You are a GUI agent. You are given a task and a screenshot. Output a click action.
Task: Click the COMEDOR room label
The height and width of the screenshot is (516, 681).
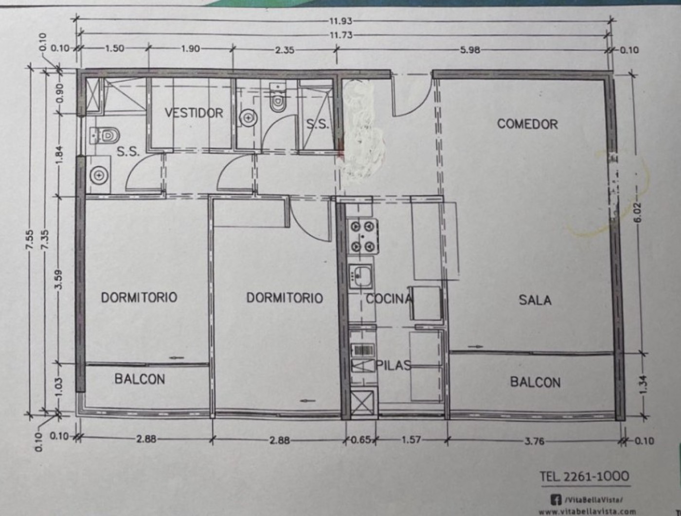coord(527,124)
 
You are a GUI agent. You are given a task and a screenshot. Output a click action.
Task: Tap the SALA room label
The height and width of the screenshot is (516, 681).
coord(535,300)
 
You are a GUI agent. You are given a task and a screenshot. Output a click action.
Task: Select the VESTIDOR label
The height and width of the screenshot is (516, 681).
coord(194,112)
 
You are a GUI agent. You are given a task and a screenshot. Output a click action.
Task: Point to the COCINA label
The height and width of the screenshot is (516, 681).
coord(389,299)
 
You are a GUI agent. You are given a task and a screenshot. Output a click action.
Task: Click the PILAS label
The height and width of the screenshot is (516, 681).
coord(394,366)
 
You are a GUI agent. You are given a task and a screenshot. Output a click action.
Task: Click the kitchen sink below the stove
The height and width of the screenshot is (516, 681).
coord(360,276)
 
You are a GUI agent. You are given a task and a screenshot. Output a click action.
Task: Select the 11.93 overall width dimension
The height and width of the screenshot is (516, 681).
coord(340,21)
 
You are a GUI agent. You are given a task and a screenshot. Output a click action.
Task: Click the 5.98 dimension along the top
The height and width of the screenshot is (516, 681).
coord(470,50)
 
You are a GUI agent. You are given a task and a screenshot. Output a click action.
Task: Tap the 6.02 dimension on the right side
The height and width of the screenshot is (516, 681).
coord(642,214)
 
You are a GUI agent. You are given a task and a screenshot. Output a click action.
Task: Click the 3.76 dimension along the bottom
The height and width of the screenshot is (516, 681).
coord(534,441)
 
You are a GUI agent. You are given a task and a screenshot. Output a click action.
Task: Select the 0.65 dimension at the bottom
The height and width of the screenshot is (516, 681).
coord(361,440)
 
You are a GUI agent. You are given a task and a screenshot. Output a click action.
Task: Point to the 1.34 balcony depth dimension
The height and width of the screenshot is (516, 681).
coord(643,386)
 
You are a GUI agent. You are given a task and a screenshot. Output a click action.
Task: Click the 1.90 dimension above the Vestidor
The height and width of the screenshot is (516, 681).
coord(190,49)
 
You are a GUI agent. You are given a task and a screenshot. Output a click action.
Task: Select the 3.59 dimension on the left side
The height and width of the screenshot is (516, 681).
coord(59,279)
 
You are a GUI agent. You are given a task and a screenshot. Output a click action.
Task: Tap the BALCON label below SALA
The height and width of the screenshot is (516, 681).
coord(535,382)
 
